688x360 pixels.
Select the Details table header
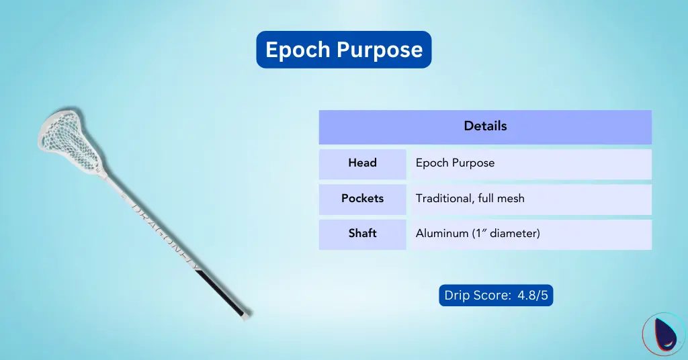pos(485,126)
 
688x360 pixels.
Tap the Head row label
pos(362,163)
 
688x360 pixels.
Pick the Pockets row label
pos(362,199)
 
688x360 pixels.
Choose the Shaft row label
pos(362,234)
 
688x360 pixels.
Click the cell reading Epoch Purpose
pos(455,163)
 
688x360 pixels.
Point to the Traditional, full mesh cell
pos(470,199)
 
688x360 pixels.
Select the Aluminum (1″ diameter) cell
pos(478,234)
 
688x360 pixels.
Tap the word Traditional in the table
pos(445,199)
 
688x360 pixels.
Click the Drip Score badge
pos(495,296)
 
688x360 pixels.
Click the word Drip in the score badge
pos(458,296)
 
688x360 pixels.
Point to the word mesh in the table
pos(511,199)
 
